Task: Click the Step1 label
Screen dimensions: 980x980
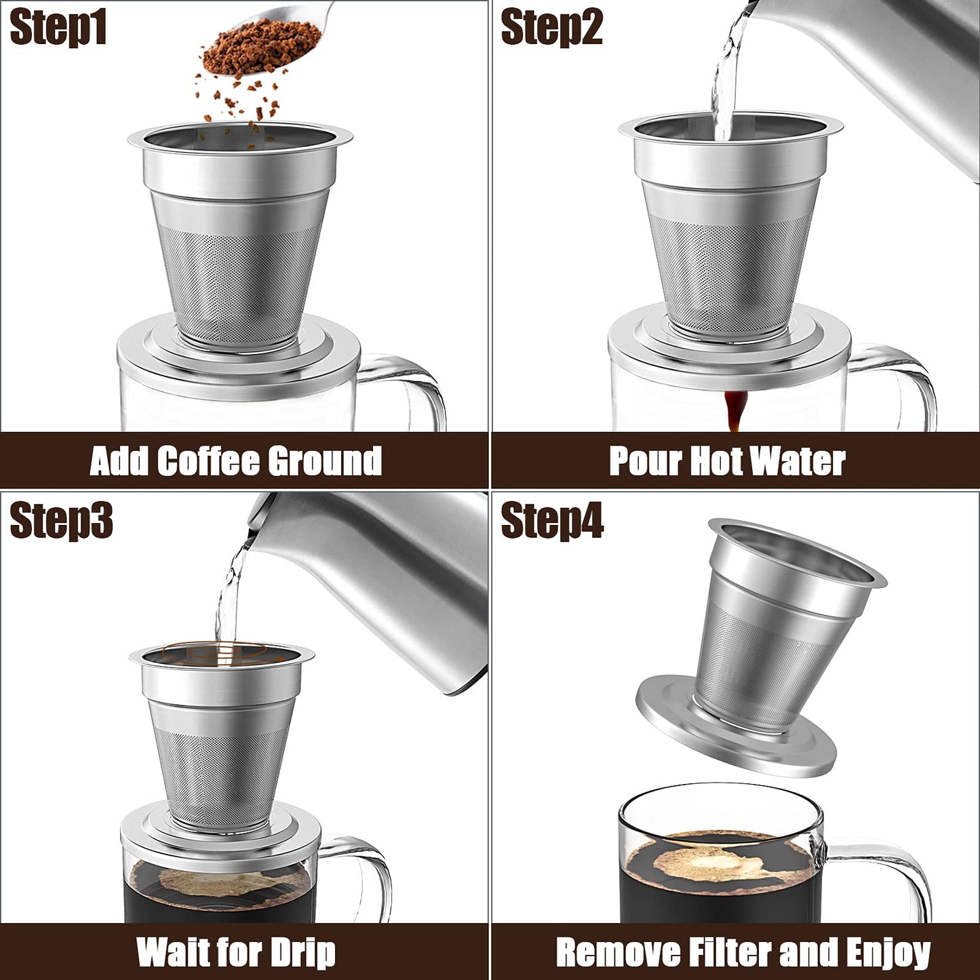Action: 58,28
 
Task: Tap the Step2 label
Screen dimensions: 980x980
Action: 552,28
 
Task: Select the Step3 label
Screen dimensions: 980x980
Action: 61,520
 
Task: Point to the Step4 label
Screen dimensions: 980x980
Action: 552,520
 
